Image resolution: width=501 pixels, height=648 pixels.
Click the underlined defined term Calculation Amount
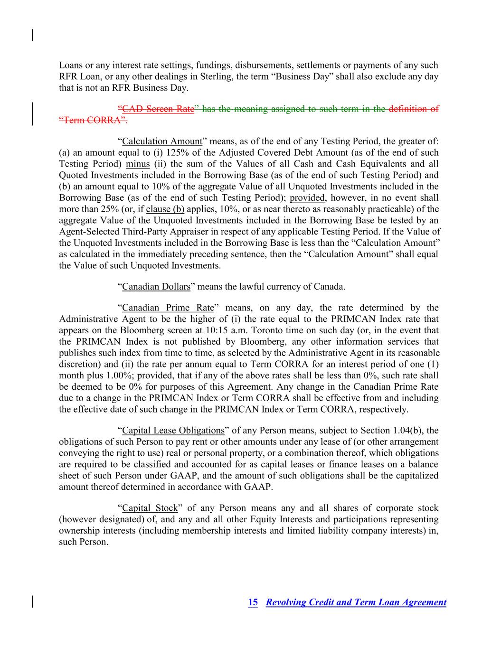[162, 141]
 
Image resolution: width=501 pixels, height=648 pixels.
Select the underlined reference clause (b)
[165, 209]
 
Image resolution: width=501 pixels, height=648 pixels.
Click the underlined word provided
[307, 198]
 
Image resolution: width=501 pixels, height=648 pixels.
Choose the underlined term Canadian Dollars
[156, 287]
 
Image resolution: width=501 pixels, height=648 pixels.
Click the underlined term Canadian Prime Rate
[168, 308]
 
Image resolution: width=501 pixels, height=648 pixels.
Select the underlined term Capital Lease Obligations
[173, 431]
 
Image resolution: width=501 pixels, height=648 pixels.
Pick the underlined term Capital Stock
[150, 508]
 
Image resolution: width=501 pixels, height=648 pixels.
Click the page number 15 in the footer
[253, 602]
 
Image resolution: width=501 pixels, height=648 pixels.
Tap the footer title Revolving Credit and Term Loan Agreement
[356, 602]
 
